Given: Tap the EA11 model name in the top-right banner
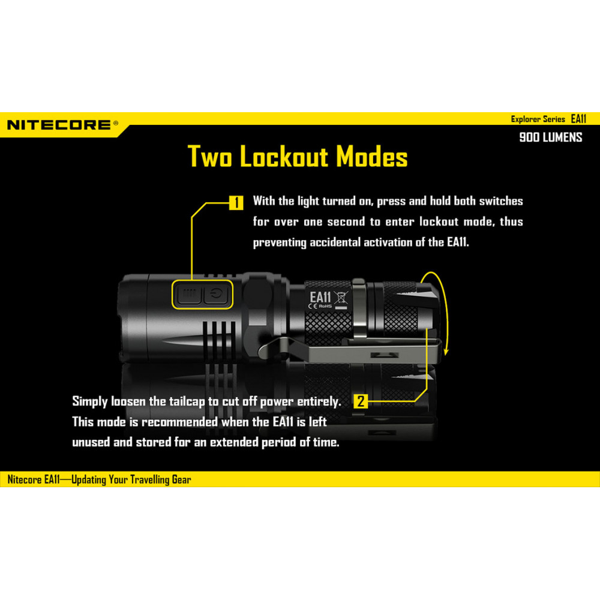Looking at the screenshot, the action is tap(578, 119).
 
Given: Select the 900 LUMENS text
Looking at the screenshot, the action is tap(551, 137).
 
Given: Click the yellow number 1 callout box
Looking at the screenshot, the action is tap(236, 202).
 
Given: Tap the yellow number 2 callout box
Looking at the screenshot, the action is tap(361, 401).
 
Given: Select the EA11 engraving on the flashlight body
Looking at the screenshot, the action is tap(320, 297).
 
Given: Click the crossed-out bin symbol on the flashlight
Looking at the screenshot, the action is tap(341, 298).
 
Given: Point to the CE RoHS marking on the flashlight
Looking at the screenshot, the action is tap(320, 306).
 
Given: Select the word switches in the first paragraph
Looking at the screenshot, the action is tap(501, 201).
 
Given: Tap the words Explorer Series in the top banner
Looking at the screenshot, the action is tap(538, 119).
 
